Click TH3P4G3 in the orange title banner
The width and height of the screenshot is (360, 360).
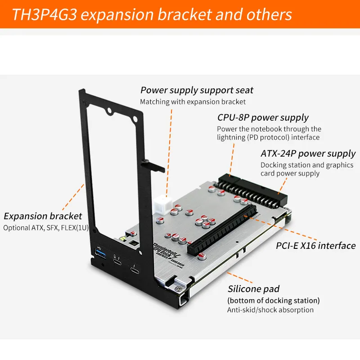pyautogui.click(x=44, y=14)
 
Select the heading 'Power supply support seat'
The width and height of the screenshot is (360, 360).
pyautogui.click(x=197, y=90)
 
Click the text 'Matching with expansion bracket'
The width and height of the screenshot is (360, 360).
pyautogui.click(x=193, y=102)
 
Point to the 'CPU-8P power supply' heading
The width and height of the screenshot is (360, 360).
pyautogui.click(x=263, y=118)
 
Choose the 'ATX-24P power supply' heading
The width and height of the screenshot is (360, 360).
pyautogui.click(x=308, y=154)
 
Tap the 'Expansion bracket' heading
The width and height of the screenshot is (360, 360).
pyautogui.click(x=43, y=216)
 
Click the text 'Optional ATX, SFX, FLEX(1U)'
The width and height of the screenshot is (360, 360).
pyautogui.click(x=46, y=228)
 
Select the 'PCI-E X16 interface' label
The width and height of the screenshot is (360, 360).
pyautogui.click(x=315, y=246)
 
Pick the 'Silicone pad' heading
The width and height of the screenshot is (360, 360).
pyautogui.click(x=253, y=289)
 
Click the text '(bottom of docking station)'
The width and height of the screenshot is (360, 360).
pyautogui.click(x=274, y=300)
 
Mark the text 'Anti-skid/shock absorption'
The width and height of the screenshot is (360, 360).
pyautogui.click(x=270, y=310)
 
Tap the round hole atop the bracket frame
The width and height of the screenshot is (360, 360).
pyautogui.click(x=109, y=109)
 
